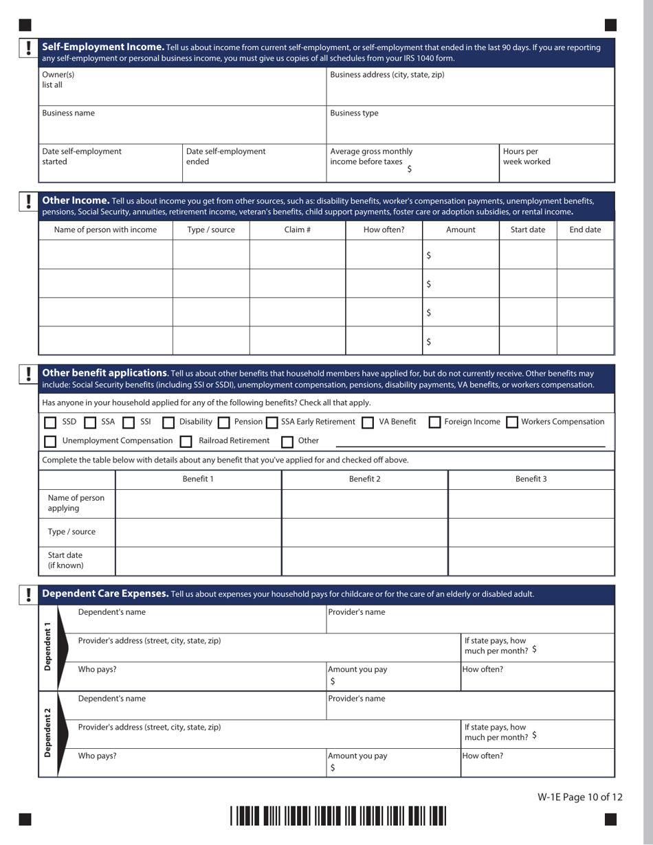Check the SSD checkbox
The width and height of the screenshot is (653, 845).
pyautogui.click(x=50, y=422)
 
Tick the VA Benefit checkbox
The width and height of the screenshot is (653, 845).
pyautogui.click(x=367, y=422)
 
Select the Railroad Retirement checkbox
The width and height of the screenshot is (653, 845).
pyautogui.click(x=186, y=441)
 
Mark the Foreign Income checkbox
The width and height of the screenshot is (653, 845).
pyautogui.click(x=434, y=422)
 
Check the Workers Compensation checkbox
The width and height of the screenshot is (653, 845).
pyautogui.click(x=512, y=422)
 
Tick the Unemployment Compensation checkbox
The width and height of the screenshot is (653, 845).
pyautogui.click(x=50, y=441)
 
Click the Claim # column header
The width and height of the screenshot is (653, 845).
pyautogui.click(x=297, y=230)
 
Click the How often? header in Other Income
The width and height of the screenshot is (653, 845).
pyautogui.click(x=384, y=230)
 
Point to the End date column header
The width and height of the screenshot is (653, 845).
pyautogui.click(x=585, y=230)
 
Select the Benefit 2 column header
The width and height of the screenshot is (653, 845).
pyautogui.click(x=364, y=479)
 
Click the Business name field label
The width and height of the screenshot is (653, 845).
pyautogui.click(x=69, y=113)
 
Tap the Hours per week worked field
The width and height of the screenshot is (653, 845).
pyautogui.click(x=557, y=162)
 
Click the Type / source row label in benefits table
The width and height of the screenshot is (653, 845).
pyautogui.click(x=71, y=532)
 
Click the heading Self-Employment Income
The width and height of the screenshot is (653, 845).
pyautogui.click(x=103, y=47)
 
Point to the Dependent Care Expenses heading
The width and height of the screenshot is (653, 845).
pyautogui.click(x=105, y=594)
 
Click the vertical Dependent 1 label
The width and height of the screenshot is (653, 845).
pyautogui.click(x=47, y=647)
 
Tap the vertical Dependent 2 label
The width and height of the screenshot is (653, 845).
pyautogui.click(x=47, y=733)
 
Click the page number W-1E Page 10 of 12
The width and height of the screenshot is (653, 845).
pyautogui.click(x=580, y=798)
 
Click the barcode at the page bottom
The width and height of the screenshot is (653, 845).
pyautogui.click(x=338, y=817)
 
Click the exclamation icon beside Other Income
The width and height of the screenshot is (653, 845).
pyautogui.click(x=28, y=201)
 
